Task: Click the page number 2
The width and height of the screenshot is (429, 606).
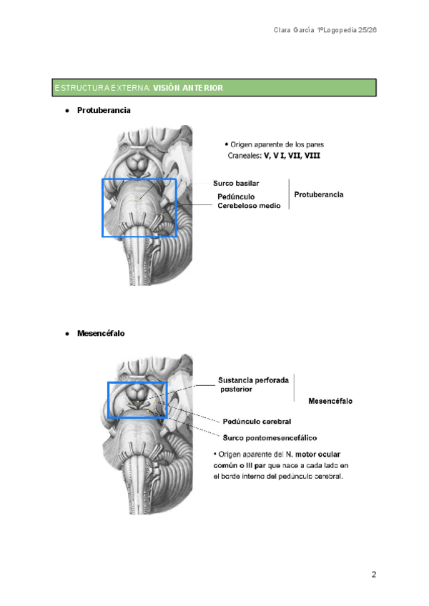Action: (x=373, y=575)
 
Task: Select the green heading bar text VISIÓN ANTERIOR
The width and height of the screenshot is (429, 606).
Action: (x=188, y=88)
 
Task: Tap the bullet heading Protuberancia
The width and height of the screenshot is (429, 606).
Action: (x=104, y=111)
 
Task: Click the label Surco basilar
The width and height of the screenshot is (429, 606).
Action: (x=235, y=184)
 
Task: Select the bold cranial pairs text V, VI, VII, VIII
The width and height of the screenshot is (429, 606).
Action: (x=280, y=155)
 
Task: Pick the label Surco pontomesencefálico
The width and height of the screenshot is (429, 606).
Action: (x=270, y=437)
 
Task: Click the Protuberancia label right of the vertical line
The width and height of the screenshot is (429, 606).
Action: (x=319, y=194)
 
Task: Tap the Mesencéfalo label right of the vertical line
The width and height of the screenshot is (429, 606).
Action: (x=330, y=402)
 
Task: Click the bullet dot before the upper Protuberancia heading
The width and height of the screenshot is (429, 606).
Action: (x=66, y=111)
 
